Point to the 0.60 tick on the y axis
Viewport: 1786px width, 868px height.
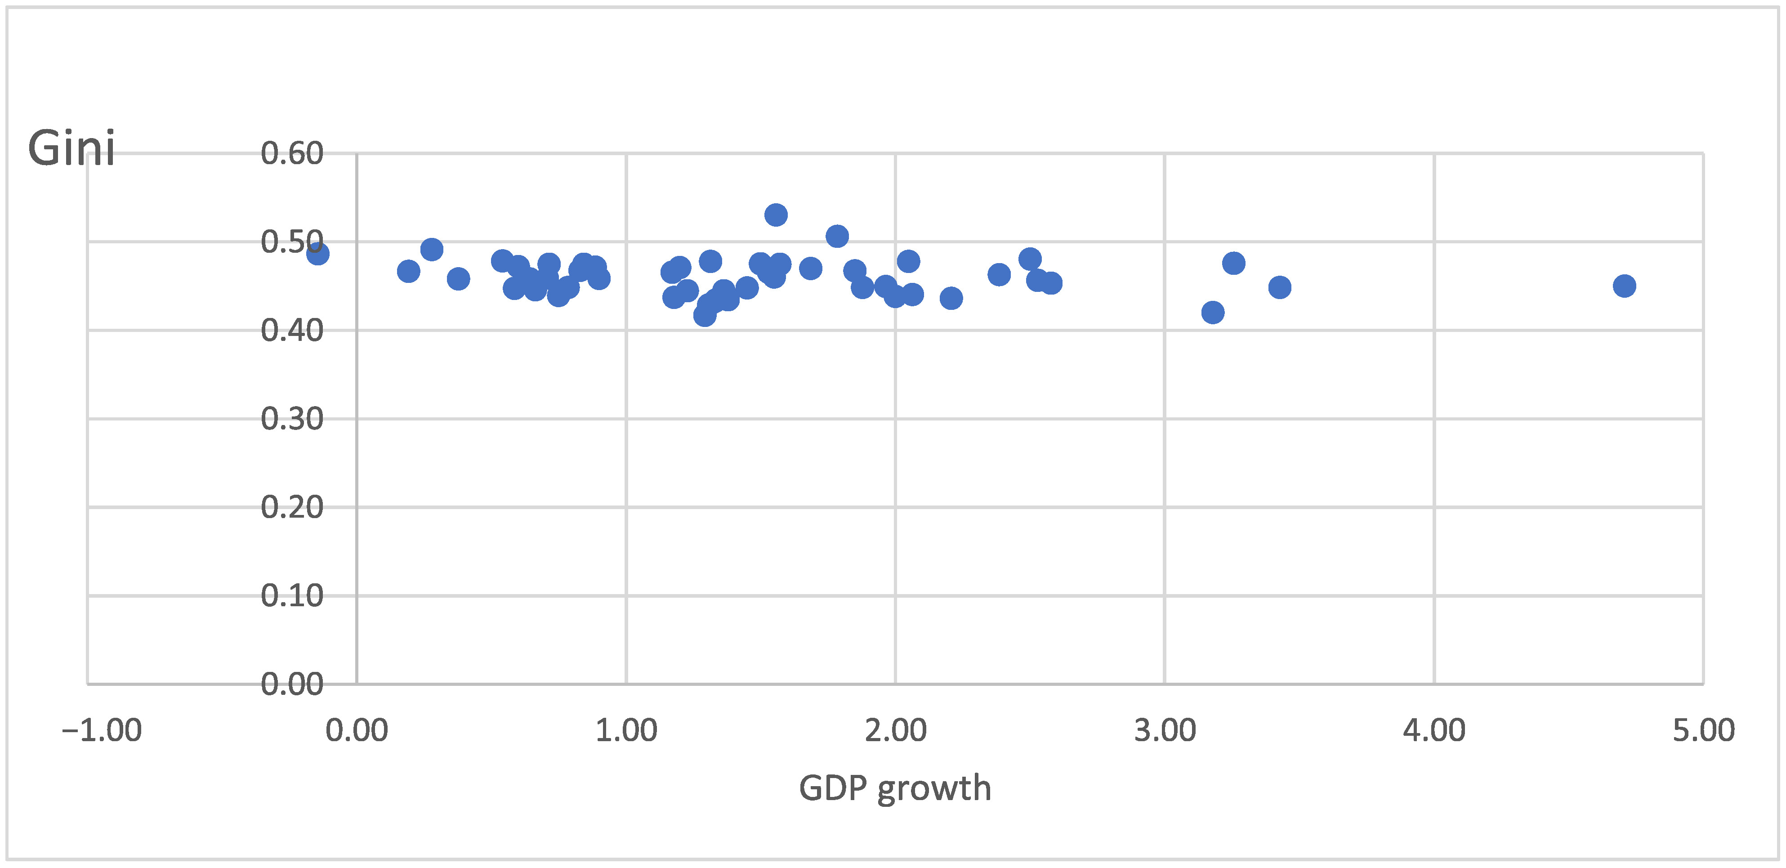pyautogui.click(x=292, y=153)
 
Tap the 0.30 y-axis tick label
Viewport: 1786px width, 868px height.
pyautogui.click(x=292, y=419)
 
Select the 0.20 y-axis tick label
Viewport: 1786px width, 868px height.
pyautogui.click(x=292, y=507)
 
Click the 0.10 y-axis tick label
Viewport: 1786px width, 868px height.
pyautogui.click(x=292, y=595)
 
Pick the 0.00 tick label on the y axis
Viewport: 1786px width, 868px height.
pyautogui.click(x=292, y=684)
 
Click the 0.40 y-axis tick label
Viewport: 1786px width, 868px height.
pyautogui.click(x=292, y=331)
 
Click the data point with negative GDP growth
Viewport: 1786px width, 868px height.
pyautogui.click(x=317, y=254)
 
